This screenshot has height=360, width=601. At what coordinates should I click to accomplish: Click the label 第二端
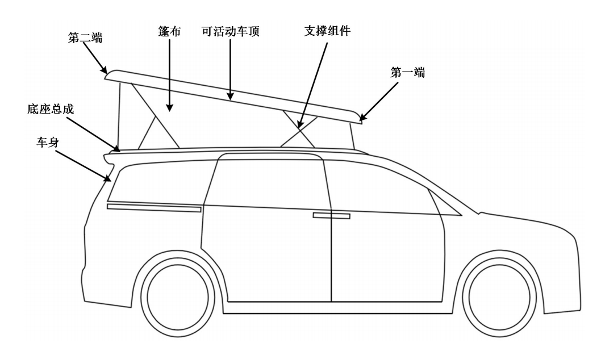pos(85,38)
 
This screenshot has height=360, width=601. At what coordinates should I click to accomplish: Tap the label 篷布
pos(169,31)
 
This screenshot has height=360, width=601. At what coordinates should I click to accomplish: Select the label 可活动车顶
pos(231,31)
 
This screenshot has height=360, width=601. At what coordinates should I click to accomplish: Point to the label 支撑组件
pos(327,31)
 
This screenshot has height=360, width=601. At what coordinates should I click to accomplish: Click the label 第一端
pos(408,72)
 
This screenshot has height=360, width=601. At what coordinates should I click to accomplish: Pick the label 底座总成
pos(51,109)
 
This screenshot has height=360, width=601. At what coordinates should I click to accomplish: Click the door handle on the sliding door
pos(332,216)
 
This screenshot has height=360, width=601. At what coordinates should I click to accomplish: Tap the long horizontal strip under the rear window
pos(154,208)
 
